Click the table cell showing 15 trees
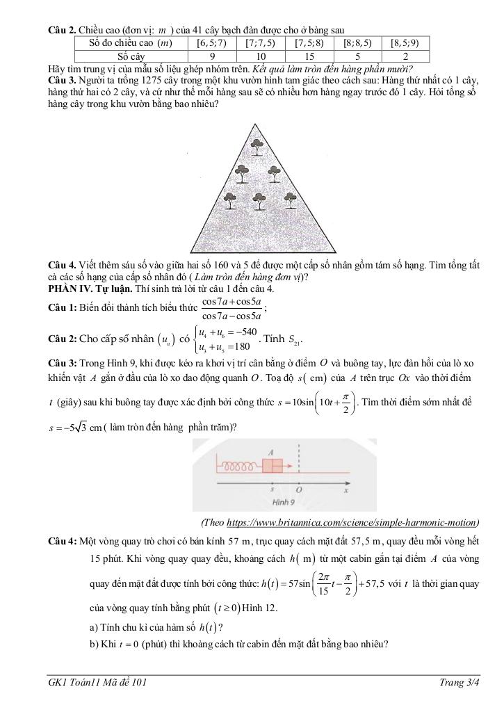(x=310, y=56)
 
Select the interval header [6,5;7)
(x=211, y=42)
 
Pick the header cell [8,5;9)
(x=405, y=42)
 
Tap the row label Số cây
(x=131, y=56)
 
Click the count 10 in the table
(x=261, y=56)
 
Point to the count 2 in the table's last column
(x=405, y=56)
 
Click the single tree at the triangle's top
(x=258, y=147)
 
